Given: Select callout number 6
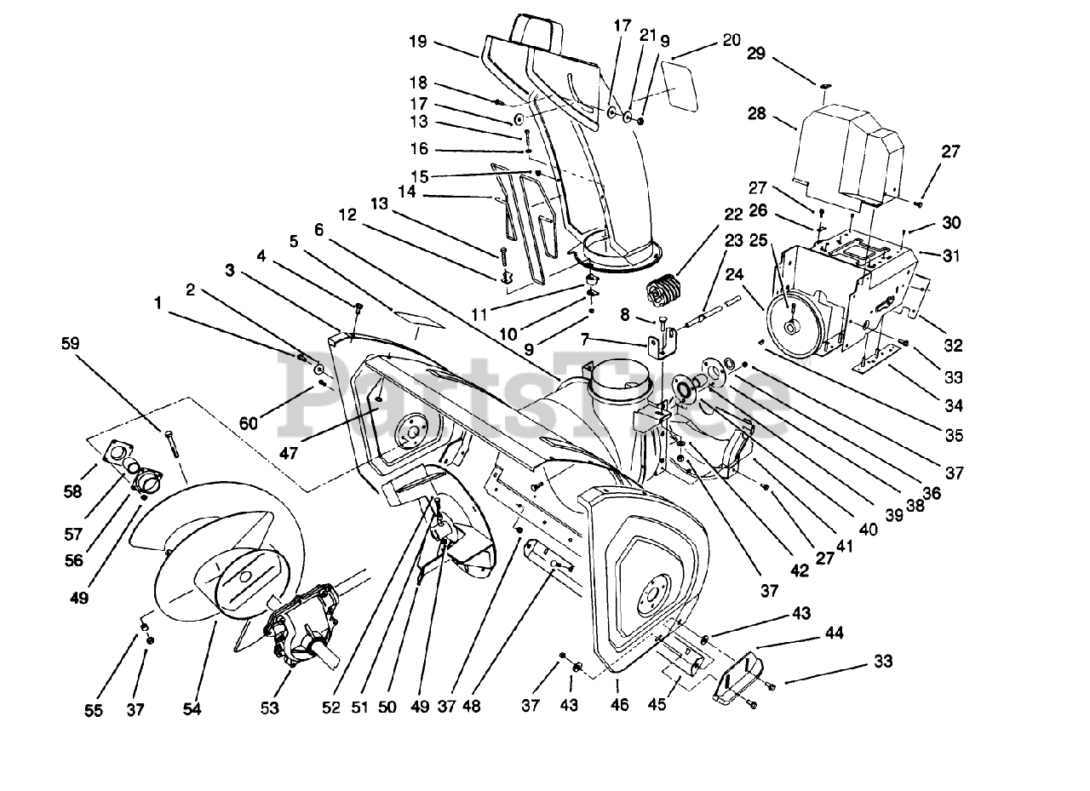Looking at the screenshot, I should click(319, 229).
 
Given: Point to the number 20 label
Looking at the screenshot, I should click(731, 39).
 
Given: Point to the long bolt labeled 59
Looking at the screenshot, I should click(174, 444).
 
